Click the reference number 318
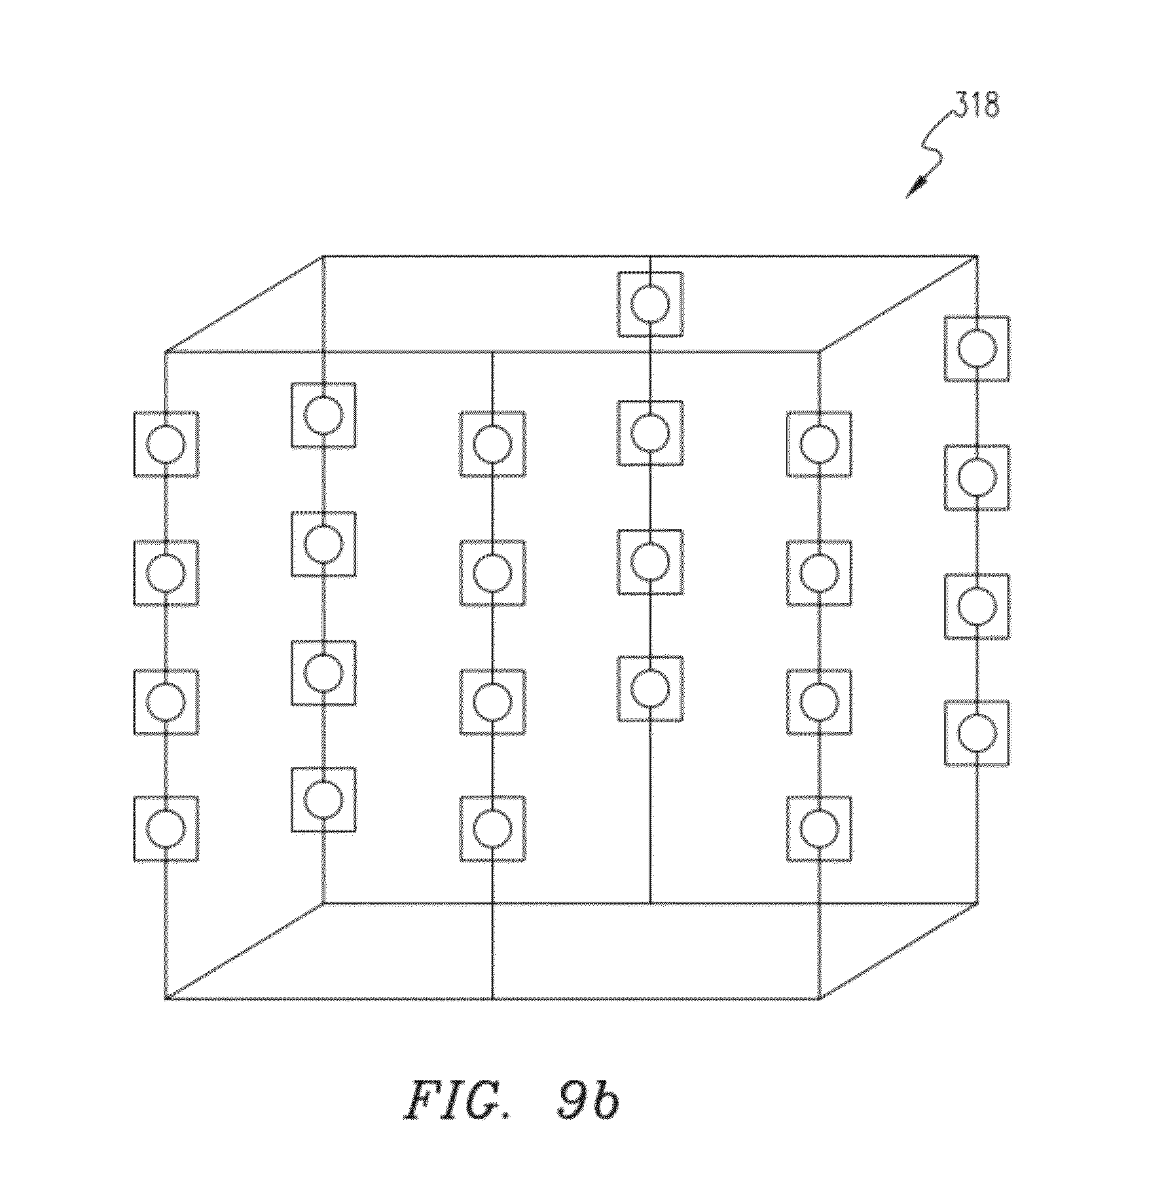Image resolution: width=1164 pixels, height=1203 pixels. coord(976,105)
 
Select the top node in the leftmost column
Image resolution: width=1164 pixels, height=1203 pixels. coord(166,444)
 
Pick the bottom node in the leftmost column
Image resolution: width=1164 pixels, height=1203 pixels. coord(166,828)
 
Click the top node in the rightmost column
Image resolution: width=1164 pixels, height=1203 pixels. coord(977,348)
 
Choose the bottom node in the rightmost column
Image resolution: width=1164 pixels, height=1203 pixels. coord(977,733)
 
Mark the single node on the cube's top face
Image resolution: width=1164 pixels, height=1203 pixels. coord(650,305)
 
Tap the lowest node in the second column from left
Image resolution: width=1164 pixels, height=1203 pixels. coord(323,800)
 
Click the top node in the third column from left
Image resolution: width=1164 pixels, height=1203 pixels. coord(492,444)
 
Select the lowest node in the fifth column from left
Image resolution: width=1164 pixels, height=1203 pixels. coord(819,828)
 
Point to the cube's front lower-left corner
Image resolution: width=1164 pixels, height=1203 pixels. coord(165,999)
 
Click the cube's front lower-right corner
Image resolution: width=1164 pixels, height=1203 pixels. coord(820,999)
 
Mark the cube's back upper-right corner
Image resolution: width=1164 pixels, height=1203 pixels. coord(977,255)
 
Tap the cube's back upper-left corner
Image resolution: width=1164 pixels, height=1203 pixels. coord(323,255)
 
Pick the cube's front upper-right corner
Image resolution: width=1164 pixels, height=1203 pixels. coord(820,352)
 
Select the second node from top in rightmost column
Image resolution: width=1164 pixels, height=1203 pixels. coord(977,477)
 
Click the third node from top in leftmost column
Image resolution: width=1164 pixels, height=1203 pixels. coord(166,701)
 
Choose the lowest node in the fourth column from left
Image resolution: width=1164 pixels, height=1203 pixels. coord(650,688)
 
